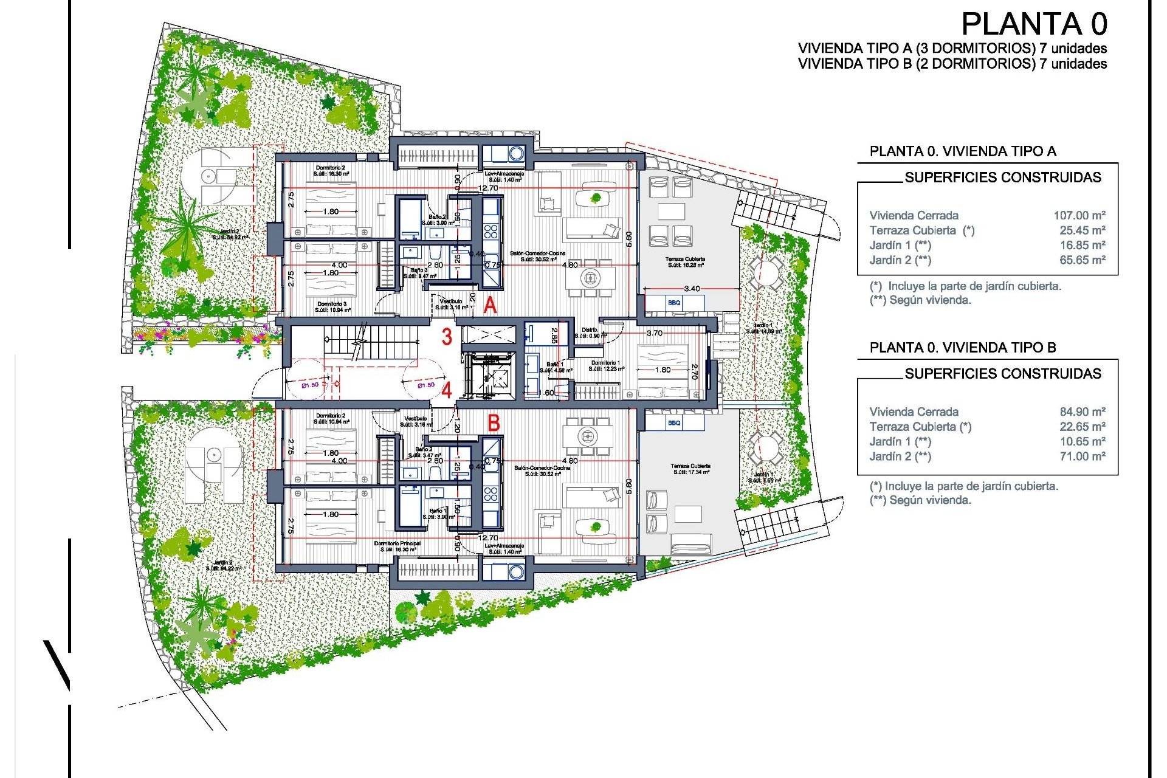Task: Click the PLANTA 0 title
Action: pos(1034,24)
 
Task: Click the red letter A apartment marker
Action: pos(490,306)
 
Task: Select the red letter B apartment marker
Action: pos(494,423)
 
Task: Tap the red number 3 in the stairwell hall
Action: pos(447,337)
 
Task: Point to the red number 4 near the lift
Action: pos(447,390)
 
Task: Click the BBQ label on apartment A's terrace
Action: pos(674,303)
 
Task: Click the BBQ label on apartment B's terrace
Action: pos(674,423)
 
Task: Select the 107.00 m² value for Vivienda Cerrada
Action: pos(1079,215)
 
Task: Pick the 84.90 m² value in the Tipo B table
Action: pos(1083,411)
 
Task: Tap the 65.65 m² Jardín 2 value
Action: pos(1083,260)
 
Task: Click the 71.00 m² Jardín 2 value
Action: pos(1083,456)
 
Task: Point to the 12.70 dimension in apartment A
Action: pos(487,188)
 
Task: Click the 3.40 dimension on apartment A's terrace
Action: pos(692,289)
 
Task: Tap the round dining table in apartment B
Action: pos(587,435)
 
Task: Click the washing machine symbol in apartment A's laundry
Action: pos(516,153)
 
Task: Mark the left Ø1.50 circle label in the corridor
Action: pos(310,385)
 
